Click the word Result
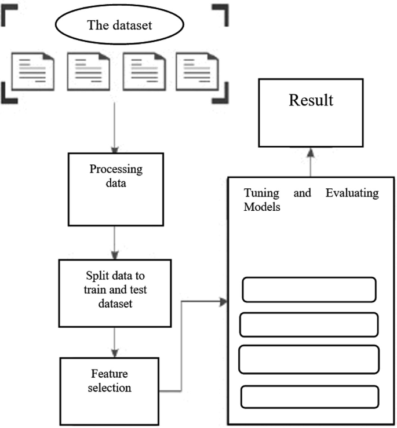pos(312,100)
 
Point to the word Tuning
pos(261,193)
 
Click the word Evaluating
pos(352,193)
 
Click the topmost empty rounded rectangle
pos(309,290)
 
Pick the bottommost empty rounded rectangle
pos(309,397)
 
